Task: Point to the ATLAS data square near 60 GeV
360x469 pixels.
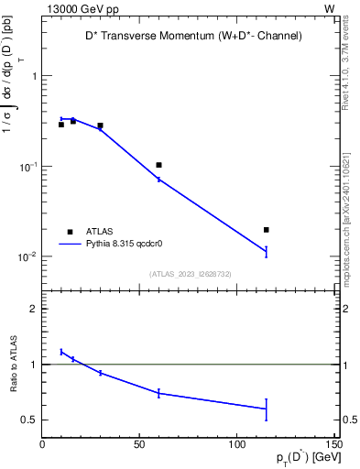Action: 158,165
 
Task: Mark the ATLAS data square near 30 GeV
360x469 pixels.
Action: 100,125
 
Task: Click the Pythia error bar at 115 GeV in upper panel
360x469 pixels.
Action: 266,251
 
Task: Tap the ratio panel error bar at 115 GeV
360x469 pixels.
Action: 266,409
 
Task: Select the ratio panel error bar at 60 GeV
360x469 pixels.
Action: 158,393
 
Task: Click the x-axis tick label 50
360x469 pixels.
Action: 140,446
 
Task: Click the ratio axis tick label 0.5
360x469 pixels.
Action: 30,420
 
